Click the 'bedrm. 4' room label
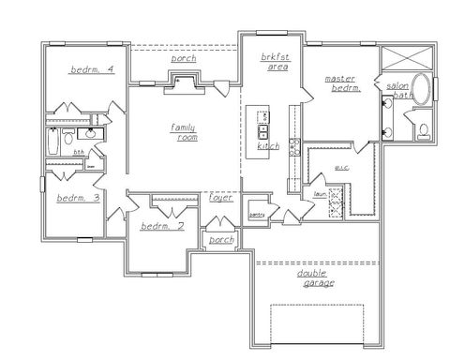tap(92, 70)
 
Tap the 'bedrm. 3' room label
tap(79, 198)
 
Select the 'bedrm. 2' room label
tap(161, 227)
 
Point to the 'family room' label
tap(183, 132)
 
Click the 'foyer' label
tap(220, 198)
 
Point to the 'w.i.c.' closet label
tap(341, 169)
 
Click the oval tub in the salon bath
tap(422, 91)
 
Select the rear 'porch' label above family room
tap(184, 59)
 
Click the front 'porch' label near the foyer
tap(221, 239)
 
